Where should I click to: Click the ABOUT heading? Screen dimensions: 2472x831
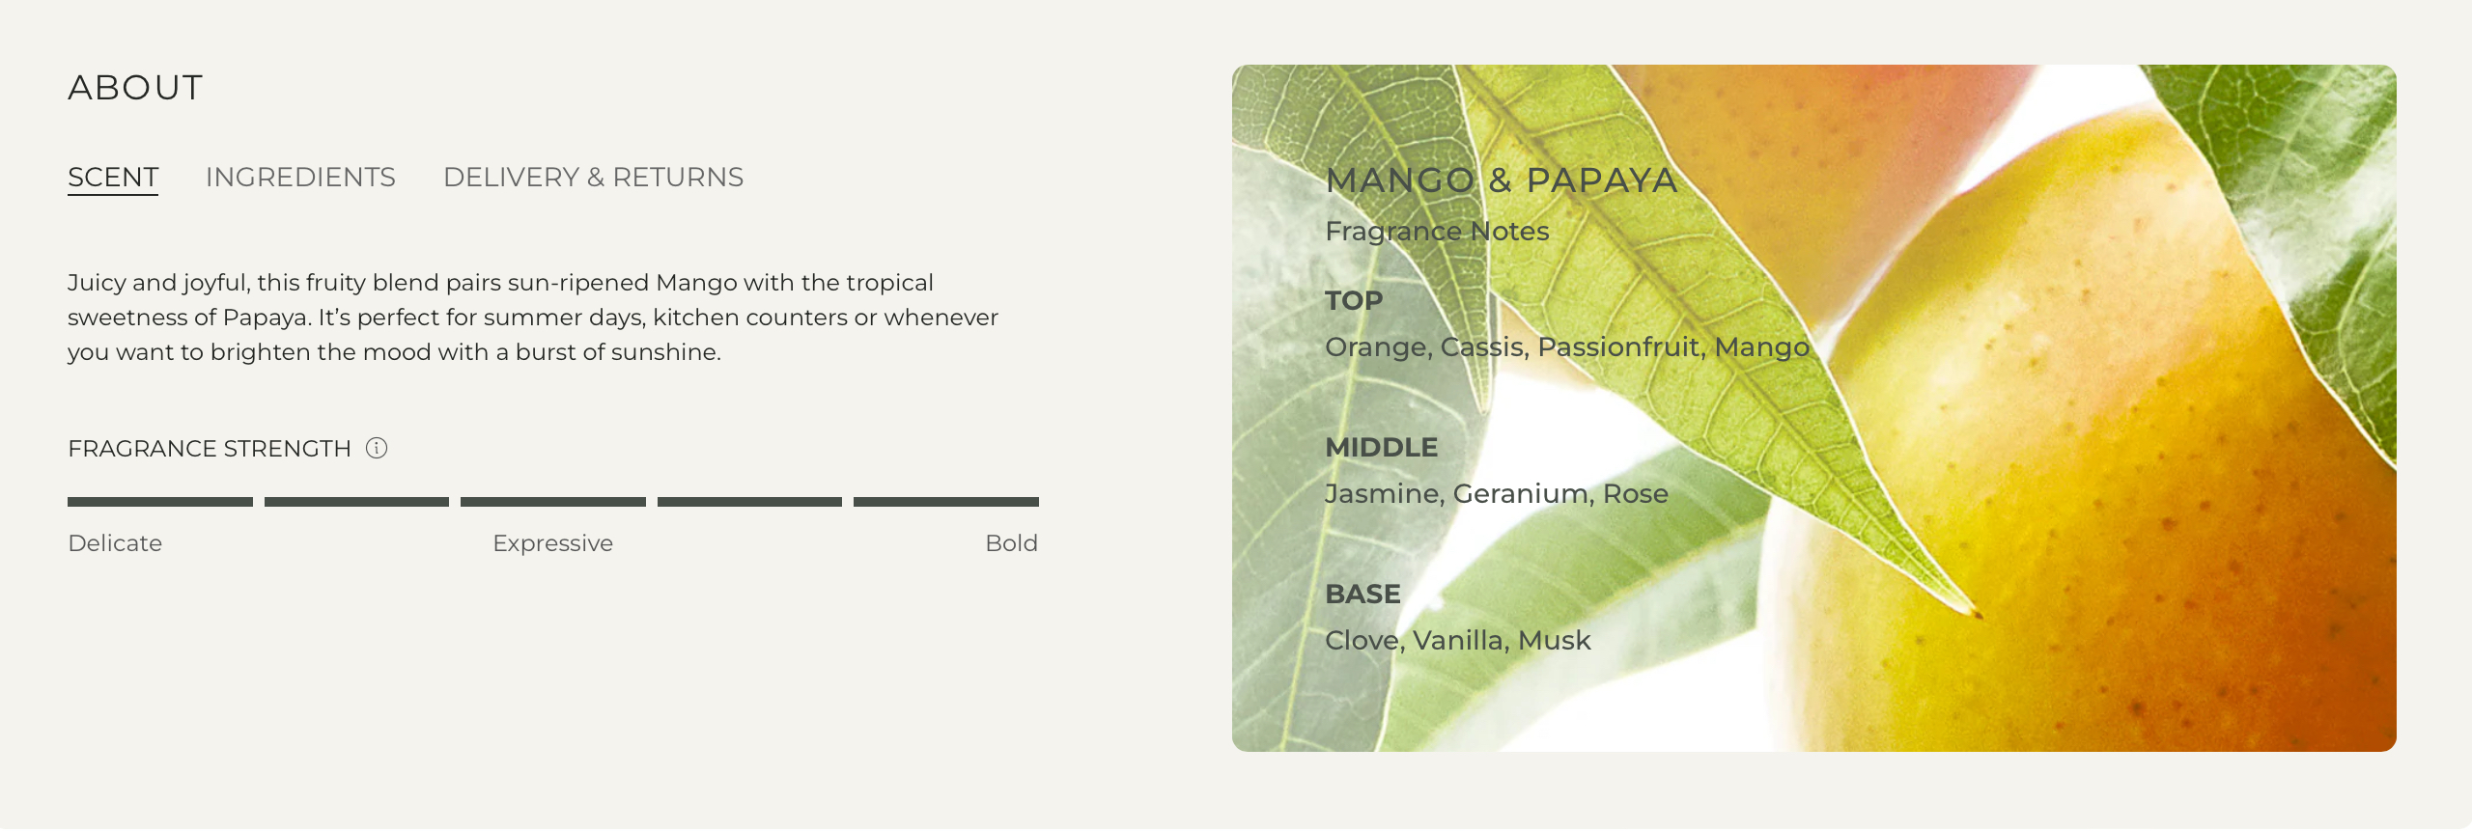(135, 88)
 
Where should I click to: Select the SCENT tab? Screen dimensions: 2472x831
(113, 178)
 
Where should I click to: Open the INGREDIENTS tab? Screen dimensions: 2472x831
(300, 178)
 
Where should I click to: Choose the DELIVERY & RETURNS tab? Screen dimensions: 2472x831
(593, 178)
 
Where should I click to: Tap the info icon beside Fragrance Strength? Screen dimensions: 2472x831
(377, 448)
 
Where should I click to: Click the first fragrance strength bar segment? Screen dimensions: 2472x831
(160, 502)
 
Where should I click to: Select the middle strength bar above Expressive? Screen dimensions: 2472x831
(553, 502)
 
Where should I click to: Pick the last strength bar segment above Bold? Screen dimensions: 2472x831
(946, 502)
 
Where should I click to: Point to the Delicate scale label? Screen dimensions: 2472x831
(115, 543)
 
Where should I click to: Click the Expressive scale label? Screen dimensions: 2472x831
(552, 544)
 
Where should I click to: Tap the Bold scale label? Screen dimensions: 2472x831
(1011, 543)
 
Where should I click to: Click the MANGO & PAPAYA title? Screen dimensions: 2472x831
(1502, 180)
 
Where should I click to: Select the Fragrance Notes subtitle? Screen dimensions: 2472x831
(1437, 232)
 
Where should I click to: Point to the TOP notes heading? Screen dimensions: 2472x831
(1354, 301)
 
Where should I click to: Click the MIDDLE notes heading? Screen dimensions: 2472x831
(1381, 448)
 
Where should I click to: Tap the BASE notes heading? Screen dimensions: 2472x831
(1362, 595)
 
